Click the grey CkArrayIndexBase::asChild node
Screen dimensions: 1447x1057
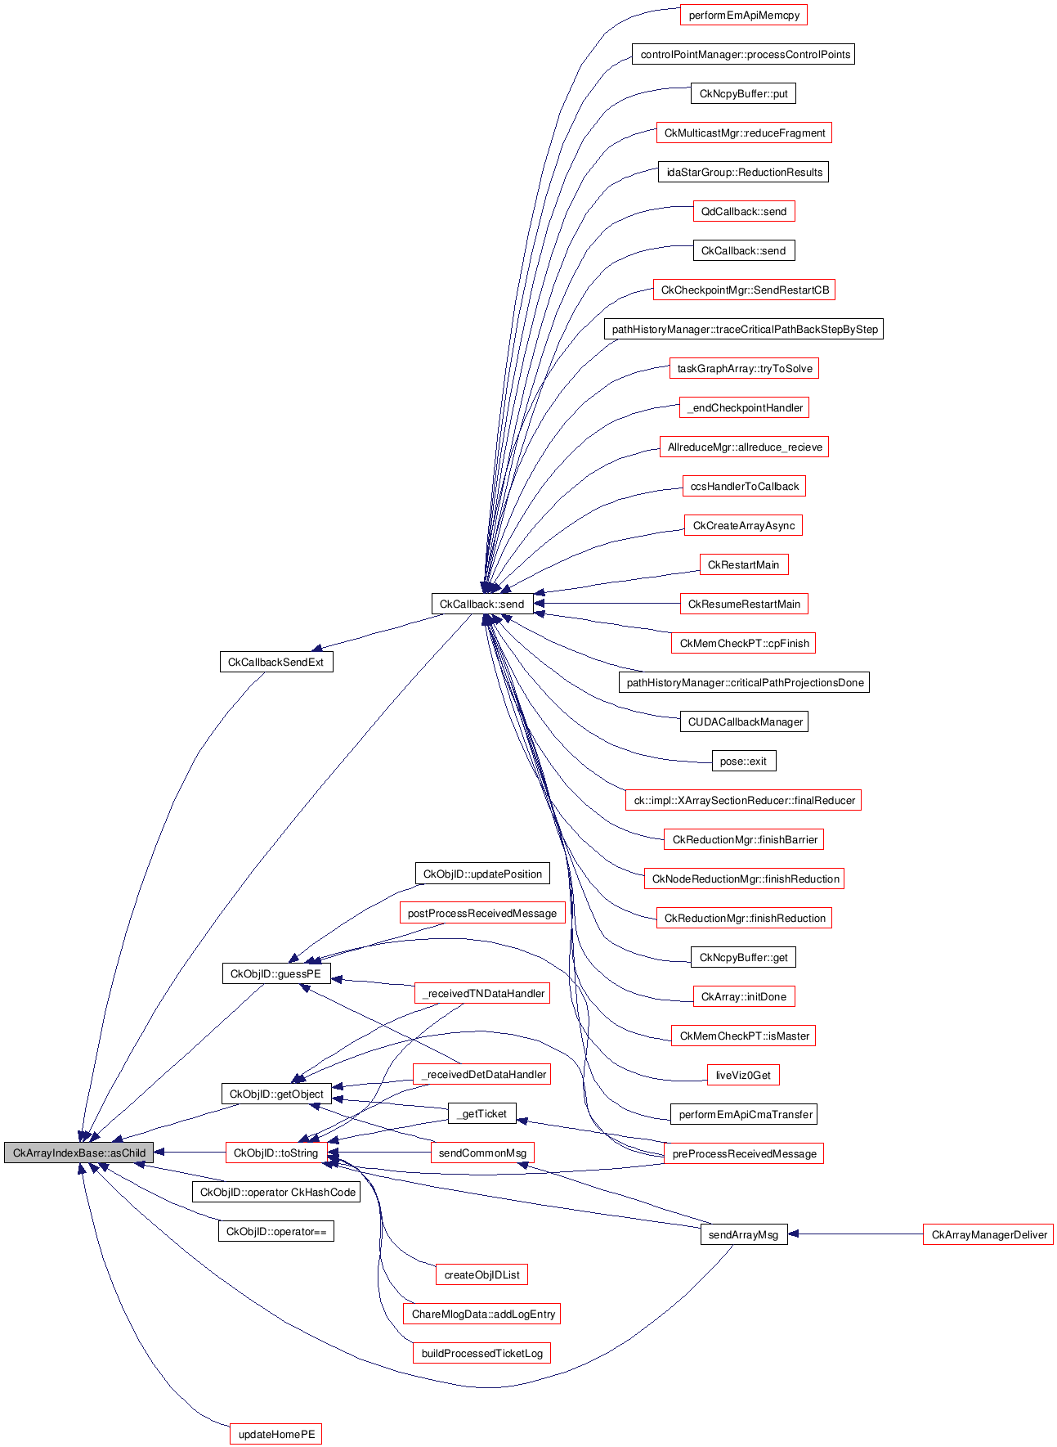point(78,1153)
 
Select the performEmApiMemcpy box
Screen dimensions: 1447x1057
point(744,16)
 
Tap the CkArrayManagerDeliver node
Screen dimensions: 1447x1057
point(988,1234)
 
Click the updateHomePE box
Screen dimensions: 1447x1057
point(276,1434)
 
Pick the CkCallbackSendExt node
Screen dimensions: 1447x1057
point(275,662)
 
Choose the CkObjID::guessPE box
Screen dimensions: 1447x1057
point(275,973)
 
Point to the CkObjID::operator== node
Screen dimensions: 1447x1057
point(275,1231)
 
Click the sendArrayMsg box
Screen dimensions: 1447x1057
point(743,1234)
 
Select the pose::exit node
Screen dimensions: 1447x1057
point(743,761)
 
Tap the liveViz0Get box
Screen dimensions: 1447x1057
point(743,1075)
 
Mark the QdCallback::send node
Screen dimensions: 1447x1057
point(743,211)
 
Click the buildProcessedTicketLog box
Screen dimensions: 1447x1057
point(481,1353)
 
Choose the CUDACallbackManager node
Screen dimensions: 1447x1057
point(744,721)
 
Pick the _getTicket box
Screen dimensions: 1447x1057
point(482,1113)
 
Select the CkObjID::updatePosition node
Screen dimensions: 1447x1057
point(482,874)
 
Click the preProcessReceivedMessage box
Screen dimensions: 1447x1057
point(744,1153)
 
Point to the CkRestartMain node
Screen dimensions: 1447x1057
point(743,564)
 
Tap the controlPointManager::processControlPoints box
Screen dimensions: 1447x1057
point(744,55)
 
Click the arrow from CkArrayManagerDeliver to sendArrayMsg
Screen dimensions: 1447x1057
point(855,1234)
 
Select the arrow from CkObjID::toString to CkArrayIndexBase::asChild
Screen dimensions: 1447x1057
point(190,1153)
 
